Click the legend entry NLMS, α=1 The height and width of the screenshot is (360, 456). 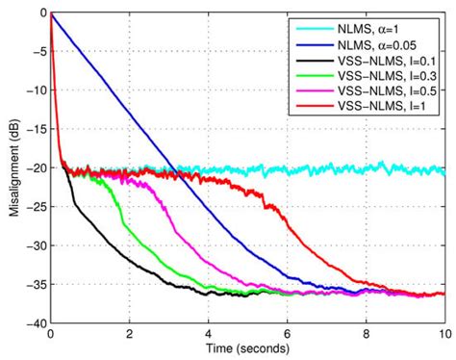(x=384, y=28)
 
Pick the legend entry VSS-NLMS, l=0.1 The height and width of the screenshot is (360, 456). (x=390, y=61)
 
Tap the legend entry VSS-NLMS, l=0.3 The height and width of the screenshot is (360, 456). (x=390, y=77)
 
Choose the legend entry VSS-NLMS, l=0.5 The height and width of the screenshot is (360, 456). (x=390, y=93)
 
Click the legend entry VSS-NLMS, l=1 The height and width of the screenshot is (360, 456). (x=386, y=110)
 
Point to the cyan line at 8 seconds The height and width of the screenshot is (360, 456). (x=366, y=169)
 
